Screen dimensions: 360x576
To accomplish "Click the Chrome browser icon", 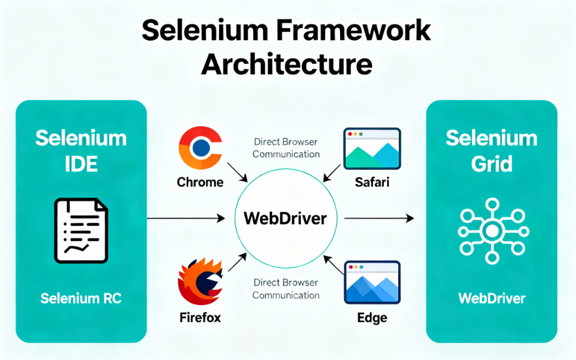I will click(x=200, y=148).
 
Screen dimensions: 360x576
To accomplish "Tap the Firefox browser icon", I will click(x=200, y=282).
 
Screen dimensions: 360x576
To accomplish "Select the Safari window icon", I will click(x=372, y=150).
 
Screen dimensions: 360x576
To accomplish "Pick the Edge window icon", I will click(x=372, y=283).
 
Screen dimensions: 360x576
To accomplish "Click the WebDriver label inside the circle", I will click(x=284, y=218).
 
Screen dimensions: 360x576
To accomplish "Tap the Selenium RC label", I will click(x=81, y=299).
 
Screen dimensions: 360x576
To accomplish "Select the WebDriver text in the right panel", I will click(x=492, y=299).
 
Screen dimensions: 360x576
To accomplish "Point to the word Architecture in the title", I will click(x=287, y=65).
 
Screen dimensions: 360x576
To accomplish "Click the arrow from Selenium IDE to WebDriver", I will click(x=190, y=218).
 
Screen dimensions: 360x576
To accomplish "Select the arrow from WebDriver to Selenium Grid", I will click(x=379, y=218).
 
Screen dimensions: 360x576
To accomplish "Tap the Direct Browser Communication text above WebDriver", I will click(x=286, y=148).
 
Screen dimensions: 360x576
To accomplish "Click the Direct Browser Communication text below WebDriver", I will click(x=286, y=289).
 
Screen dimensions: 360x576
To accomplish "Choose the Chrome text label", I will click(x=200, y=182).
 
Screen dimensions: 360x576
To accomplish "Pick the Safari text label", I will click(x=372, y=182).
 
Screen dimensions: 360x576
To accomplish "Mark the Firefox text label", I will click(x=200, y=318).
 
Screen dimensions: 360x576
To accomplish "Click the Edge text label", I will click(x=372, y=318).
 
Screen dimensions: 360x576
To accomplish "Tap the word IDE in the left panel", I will click(x=81, y=163).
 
